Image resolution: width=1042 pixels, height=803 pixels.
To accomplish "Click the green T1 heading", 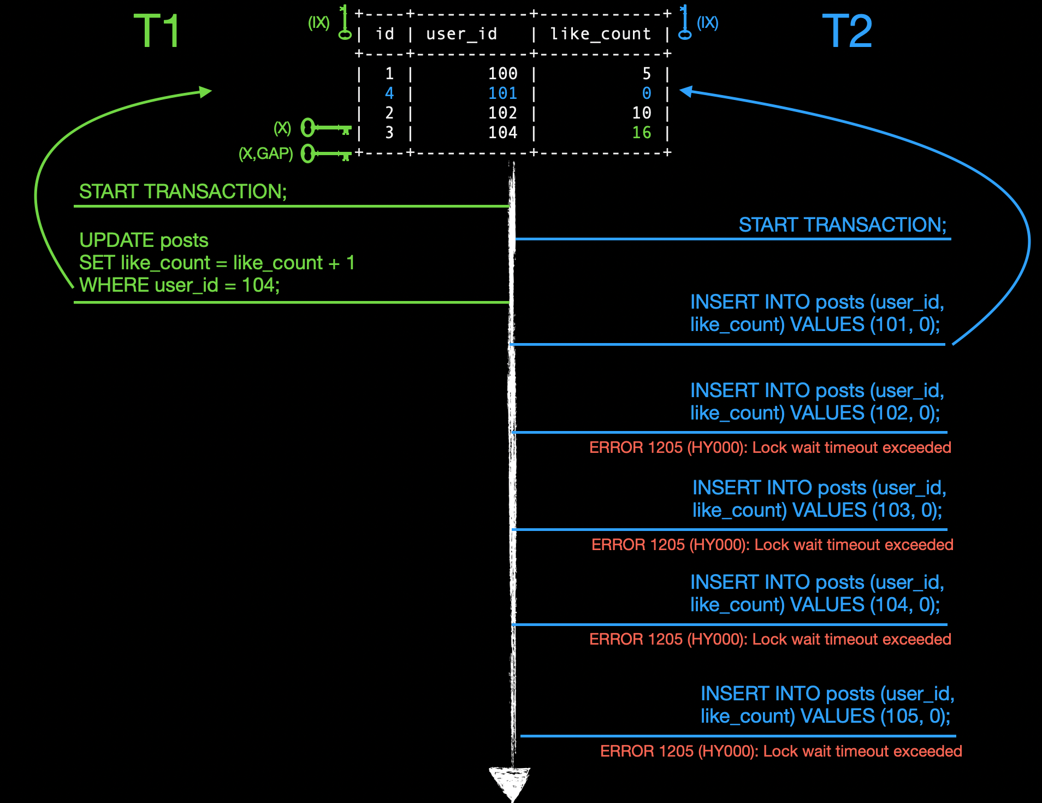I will (157, 31).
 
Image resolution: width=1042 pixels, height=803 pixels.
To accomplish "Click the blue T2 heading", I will (847, 31).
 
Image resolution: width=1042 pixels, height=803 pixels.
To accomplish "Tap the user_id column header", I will (461, 34).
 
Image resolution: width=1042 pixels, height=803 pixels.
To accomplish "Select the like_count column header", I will (601, 34).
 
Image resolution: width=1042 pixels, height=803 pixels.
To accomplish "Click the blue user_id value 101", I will (502, 93).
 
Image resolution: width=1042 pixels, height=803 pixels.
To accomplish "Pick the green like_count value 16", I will (642, 133).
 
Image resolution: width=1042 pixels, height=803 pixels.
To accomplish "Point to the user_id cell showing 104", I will (502, 133).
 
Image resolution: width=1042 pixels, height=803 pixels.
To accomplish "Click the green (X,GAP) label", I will (266, 153).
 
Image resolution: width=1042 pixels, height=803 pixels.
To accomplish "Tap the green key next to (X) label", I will (325, 128).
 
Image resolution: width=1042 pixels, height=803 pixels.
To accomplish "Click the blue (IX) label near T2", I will (707, 22).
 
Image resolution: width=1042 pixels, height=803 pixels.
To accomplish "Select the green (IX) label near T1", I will (318, 22).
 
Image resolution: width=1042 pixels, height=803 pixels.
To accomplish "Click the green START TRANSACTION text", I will (183, 192).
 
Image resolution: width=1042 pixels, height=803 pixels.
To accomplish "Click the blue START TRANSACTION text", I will (842, 225).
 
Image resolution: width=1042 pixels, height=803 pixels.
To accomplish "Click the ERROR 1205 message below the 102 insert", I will (770, 447).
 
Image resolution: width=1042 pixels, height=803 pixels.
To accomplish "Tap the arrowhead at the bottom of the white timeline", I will (510, 781).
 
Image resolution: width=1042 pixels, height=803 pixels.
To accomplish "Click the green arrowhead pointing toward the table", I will (205, 92).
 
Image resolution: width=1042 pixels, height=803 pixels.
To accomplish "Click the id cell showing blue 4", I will (389, 93).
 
